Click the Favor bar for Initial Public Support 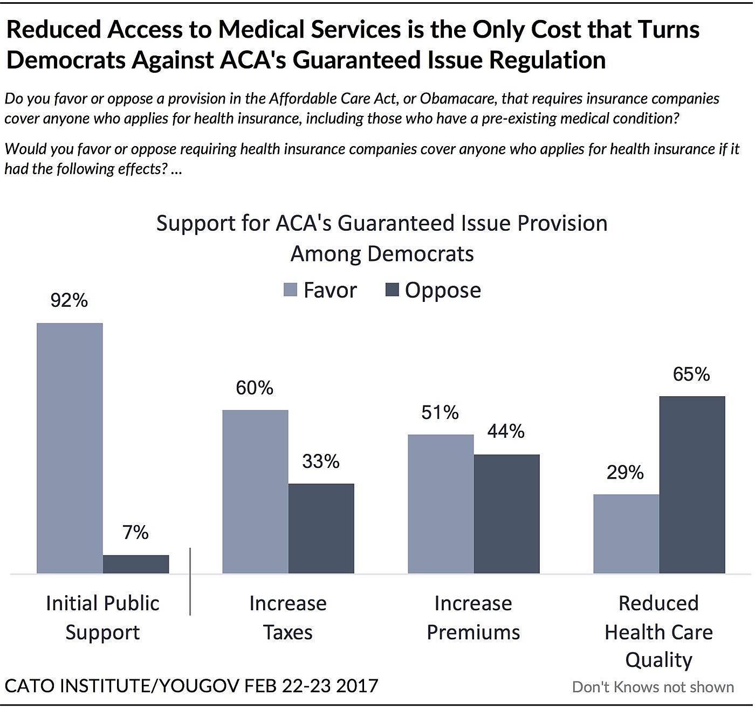click(x=70, y=448)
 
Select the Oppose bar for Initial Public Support click(x=136, y=564)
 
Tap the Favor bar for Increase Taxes click(x=255, y=491)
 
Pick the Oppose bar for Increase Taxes click(x=321, y=528)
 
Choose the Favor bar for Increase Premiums click(x=441, y=504)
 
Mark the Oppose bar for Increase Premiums click(x=507, y=514)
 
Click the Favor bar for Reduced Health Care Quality click(x=626, y=534)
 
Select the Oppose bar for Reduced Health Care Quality click(x=692, y=485)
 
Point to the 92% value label click(x=69, y=300)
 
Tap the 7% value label click(x=135, y=533)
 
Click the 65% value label click(x=691, y=374)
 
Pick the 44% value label click(x=506, y=431)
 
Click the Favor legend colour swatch click(x=290, y=290)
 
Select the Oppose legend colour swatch click(x=392, y=290)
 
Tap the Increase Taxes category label click(x=288, y=617)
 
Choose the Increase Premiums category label click(x=473, y=617)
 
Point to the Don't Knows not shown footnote click(x=653, y=687)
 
